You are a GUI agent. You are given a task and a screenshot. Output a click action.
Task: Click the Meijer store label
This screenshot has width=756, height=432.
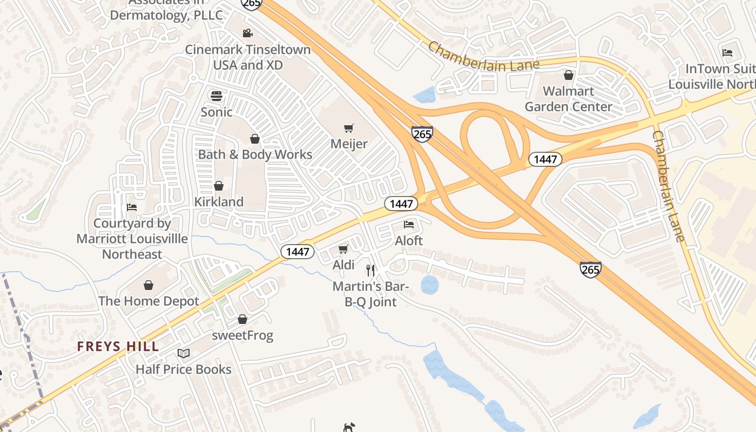(349, 144)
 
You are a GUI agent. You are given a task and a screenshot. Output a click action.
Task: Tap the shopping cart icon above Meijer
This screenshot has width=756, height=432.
(349, 128)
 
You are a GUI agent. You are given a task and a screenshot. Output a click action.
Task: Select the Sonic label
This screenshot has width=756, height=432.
(217, 112)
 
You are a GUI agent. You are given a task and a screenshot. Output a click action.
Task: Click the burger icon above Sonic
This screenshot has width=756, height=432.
(217, 96)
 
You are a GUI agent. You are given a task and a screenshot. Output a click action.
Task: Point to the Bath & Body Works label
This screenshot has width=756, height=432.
(255, 154)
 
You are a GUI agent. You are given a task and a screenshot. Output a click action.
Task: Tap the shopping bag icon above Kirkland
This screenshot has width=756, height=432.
(219, 186)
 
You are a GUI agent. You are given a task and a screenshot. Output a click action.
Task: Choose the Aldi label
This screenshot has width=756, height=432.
(343, 265)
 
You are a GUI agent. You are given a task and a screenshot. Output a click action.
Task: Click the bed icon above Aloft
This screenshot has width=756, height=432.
(409, 224)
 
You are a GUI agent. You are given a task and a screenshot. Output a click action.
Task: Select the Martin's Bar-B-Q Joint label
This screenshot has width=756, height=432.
(370, 294)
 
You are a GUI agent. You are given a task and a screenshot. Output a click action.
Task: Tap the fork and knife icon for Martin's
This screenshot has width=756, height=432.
(370, 270)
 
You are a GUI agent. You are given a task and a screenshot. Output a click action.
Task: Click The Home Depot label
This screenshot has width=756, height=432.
(148, 301)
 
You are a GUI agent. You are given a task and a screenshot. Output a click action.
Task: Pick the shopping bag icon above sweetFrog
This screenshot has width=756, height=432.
(242, 319)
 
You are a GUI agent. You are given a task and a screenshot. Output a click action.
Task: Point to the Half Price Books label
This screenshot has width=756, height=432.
(184, 369)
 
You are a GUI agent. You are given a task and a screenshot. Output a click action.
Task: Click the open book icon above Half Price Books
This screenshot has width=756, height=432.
(184, 353)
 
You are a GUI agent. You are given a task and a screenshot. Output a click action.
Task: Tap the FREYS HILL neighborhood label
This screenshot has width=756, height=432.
(118, 347)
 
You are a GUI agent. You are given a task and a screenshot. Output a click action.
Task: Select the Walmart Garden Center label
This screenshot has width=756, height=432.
(568, 99)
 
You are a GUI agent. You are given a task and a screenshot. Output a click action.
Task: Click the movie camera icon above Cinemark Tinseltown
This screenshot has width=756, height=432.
(247, 33)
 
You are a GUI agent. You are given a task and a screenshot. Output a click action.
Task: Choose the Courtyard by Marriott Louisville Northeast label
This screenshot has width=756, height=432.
(132, 239)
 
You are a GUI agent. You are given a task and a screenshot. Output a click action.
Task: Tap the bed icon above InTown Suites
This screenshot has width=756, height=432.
(727, 53)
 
